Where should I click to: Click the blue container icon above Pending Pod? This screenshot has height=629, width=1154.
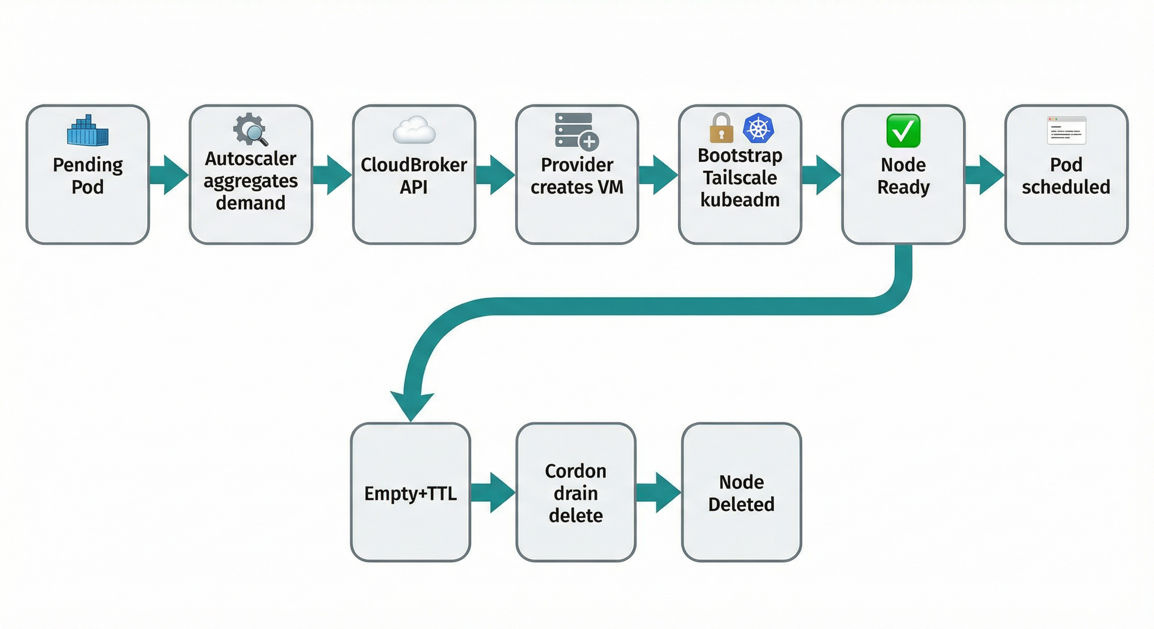pos(88,130)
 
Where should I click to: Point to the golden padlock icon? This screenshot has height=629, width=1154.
pos(721,129)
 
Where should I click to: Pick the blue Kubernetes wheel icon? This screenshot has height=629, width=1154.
pos(758,128)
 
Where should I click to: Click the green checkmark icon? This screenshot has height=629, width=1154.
pos(903,130)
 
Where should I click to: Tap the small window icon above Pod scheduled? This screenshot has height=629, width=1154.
pos(1066,130)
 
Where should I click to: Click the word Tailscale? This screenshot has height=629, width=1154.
pos(740,178)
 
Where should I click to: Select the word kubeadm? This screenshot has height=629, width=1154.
pos(740,200)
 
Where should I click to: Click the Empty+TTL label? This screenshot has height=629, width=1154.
pos(410,493)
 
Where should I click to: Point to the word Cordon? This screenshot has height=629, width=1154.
pos(576,471)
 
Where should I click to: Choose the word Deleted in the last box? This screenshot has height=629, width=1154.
pos(741,505)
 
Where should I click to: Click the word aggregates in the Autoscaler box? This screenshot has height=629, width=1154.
pos(250,181)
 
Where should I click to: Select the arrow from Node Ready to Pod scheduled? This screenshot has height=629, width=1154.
pos(984,174)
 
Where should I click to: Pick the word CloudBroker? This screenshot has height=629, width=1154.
pos(414,165)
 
